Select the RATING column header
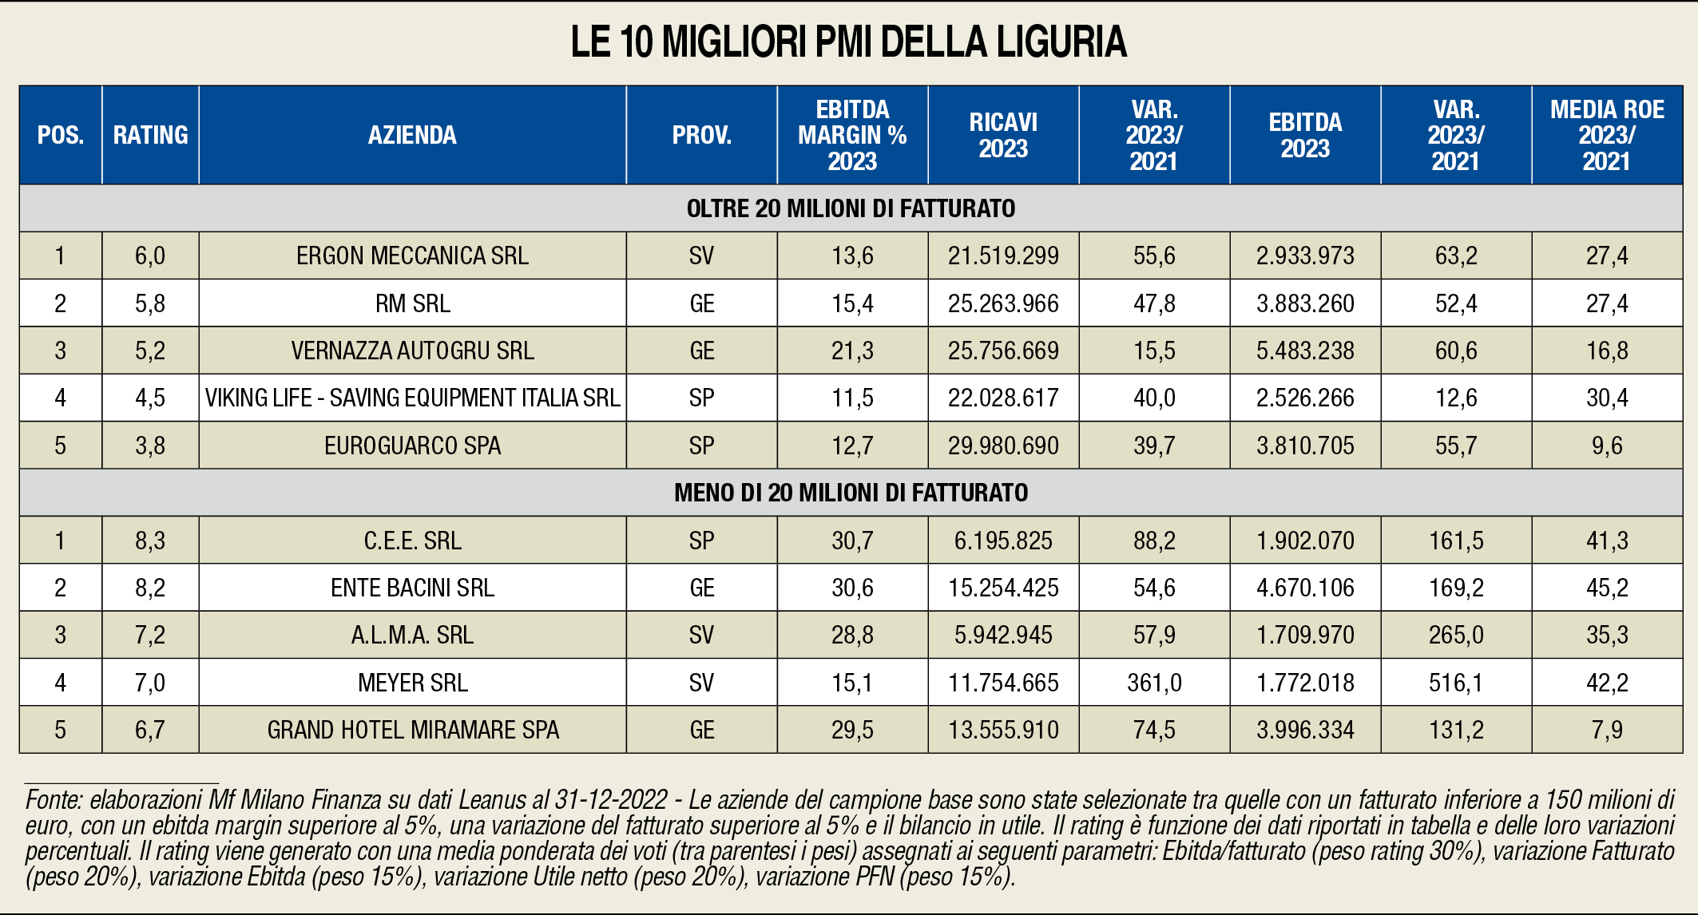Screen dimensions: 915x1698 (150, 135)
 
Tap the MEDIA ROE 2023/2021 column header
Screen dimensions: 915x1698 (1607, 135)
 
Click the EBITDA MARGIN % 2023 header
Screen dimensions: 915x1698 (852, 135)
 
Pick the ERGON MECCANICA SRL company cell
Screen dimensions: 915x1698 (412, 255)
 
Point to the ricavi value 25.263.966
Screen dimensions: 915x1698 (1003, 303)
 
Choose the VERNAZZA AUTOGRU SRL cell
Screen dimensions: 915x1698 (412, 351)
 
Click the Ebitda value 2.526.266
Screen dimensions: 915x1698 (1305, 398)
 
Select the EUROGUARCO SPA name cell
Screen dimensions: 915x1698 (412, 446)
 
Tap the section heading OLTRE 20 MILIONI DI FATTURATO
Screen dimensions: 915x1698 (851, 208)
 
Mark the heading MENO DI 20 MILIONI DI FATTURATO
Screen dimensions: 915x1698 (851, 493)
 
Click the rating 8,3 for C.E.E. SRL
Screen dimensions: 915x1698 (150, 541)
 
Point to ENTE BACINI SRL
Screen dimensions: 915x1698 (412, 588)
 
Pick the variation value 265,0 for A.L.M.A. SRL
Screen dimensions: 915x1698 (1456, 635)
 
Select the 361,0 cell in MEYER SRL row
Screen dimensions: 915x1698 (1154, 683)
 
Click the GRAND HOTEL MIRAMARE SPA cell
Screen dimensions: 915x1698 (412, 730)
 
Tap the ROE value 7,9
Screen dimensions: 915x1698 (1607, 730)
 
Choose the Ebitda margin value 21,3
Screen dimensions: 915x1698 (852, 351)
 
